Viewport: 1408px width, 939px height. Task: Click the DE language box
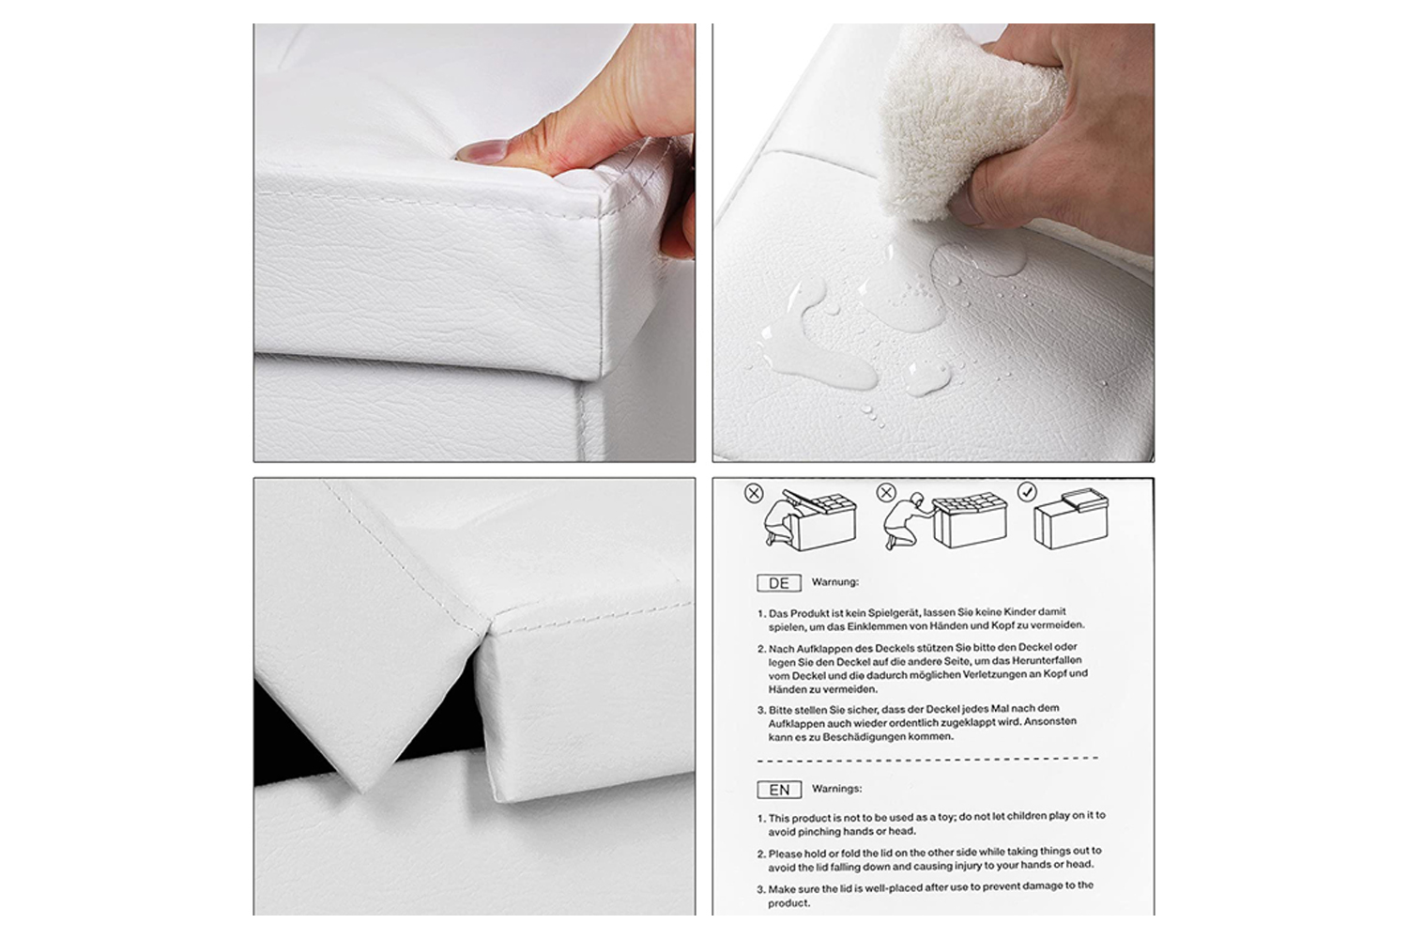coord(779,583)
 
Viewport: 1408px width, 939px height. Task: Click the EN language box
coord(779,790)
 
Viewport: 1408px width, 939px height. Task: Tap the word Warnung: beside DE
coord(834,582)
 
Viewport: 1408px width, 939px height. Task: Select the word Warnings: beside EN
coord(836,789)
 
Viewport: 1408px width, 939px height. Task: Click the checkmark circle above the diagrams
coord(1027,492)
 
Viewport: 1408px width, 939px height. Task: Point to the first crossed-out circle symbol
coord(754,493)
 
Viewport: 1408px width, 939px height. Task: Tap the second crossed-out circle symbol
coord(886,492)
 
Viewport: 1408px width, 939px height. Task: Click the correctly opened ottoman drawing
coord(1071,519)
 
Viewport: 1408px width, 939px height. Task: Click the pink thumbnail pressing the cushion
coord(482,152)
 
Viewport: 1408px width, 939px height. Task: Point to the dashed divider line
coord(927,759)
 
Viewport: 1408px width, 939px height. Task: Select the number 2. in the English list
coord(761,854)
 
